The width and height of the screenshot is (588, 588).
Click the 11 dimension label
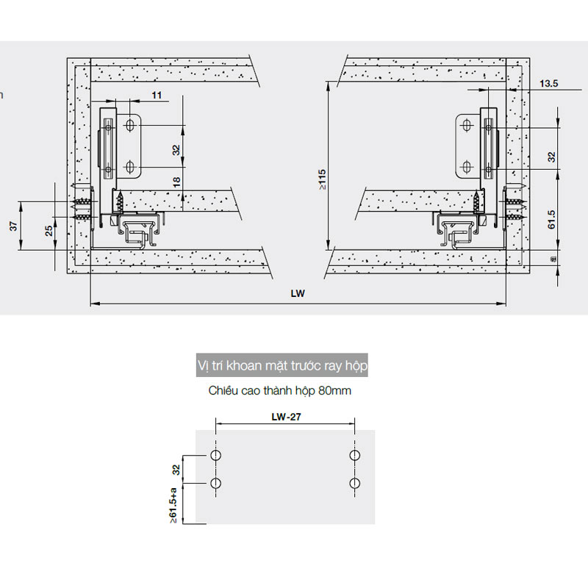coord(157,96)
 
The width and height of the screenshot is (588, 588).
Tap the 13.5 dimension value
coord(548,83)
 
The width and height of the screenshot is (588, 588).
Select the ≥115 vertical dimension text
coord(323,179)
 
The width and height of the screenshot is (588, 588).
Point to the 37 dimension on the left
coord(13,226)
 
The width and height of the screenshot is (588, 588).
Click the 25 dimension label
coord(49,231)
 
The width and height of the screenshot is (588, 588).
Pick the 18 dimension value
coord(176,182)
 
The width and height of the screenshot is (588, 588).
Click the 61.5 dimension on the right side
coord(551,219)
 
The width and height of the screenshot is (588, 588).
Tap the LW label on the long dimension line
coord(298,293)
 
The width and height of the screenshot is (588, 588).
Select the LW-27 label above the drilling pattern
coord(286,417)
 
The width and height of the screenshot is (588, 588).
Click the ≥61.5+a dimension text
coord(173,506)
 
